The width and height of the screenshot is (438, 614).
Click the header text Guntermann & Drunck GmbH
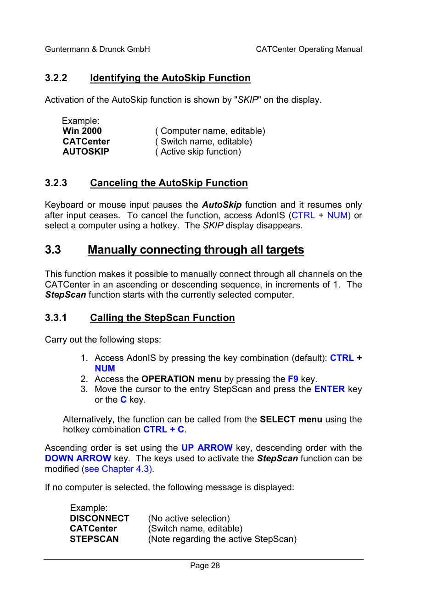click(x=97, y=49)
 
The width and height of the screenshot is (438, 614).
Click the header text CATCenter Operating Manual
click(x=309, y=49)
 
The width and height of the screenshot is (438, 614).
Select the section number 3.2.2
click(x=56, y=78)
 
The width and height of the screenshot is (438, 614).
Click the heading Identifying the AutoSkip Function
click(x=170, y=78)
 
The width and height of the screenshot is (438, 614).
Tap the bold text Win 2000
click(x=82, y=131)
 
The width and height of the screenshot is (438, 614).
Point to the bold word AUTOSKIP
click(x=86, y=152)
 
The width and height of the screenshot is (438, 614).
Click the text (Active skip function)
click(x=198, y=152)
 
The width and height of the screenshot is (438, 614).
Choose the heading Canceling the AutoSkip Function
click(x=168, y=183)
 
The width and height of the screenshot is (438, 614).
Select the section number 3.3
click(x=53, y=249)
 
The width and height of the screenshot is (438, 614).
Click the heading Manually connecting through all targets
click(x=196, y=249)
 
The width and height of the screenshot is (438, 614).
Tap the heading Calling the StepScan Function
click(x=162, y=318)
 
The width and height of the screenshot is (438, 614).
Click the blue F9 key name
click(x=293, y=379)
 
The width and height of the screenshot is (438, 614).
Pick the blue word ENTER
click(x=329, y=389)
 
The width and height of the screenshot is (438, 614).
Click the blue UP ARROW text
click(x=207, y=448)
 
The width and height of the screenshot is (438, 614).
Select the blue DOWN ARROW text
click(x=78, y=459)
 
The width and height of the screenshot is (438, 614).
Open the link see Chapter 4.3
click(x=118, y=469)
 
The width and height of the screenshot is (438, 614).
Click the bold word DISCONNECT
click(x=99, y=519)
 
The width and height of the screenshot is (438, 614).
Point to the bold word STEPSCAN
click(x=94, y=539)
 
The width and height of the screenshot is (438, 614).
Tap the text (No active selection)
click(x=189, y=519)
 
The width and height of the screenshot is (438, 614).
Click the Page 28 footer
click(x=205, y=566)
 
